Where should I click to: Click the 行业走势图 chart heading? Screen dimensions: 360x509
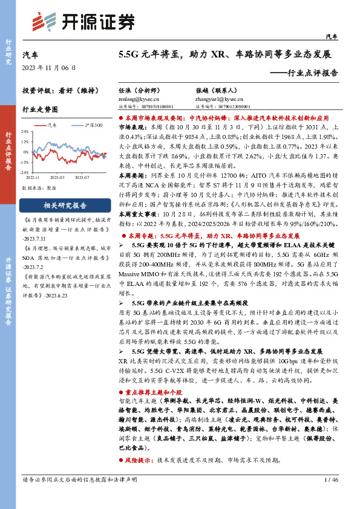click(x=40, y=109)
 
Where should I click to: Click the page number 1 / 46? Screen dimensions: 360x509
click(x=330, y=497)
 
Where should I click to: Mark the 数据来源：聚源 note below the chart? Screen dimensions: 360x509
click(x=36, y=188)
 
